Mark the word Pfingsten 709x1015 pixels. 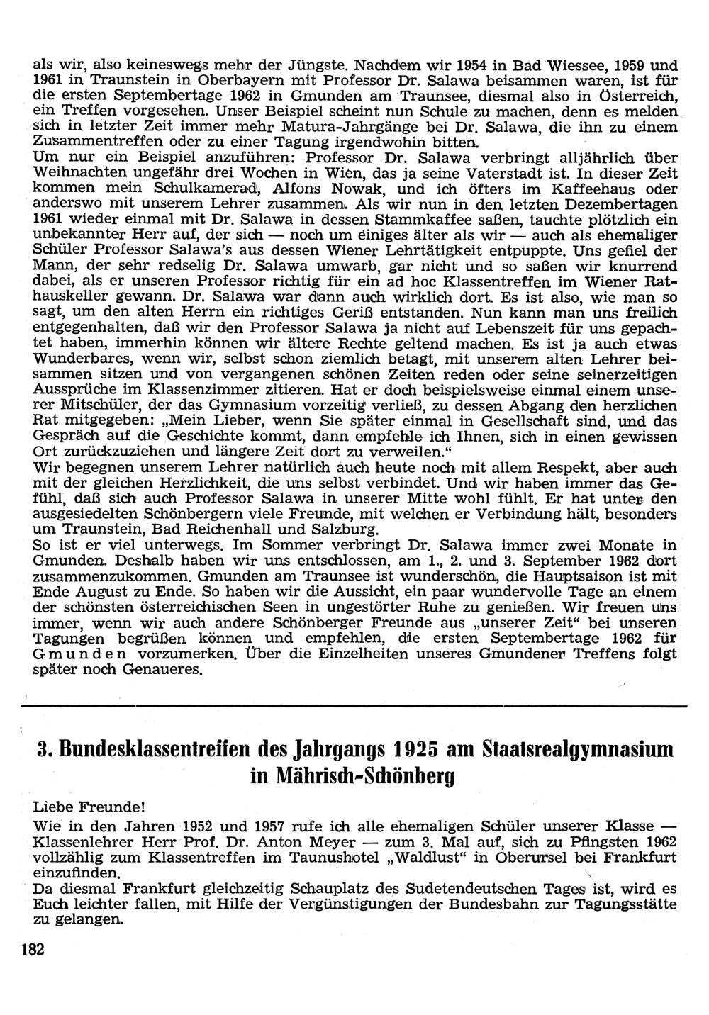click(595, 842)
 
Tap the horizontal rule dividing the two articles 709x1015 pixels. click(354, 706)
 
